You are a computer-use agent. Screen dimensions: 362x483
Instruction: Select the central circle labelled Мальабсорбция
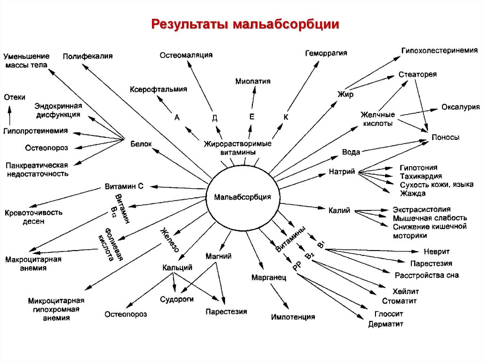coord(242,197)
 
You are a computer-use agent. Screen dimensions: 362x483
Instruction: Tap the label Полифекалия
coord(88,56)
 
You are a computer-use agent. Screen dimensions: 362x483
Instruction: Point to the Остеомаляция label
coord(186,55)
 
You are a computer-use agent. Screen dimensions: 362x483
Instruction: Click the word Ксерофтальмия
coord(158,89)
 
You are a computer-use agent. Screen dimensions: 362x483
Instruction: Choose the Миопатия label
coord(253,81)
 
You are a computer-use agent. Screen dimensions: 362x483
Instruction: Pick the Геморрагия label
coord(326,53)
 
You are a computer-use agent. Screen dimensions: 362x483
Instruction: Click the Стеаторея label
coord(417,75)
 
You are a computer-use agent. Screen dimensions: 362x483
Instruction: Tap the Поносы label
coord(445,137)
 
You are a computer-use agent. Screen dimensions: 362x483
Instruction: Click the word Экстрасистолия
coord(422,209)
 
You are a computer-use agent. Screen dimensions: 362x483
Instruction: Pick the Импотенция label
coord(293,317)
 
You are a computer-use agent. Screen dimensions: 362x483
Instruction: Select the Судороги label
coord(176,299)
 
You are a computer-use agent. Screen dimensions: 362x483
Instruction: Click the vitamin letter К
coord(285,117)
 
